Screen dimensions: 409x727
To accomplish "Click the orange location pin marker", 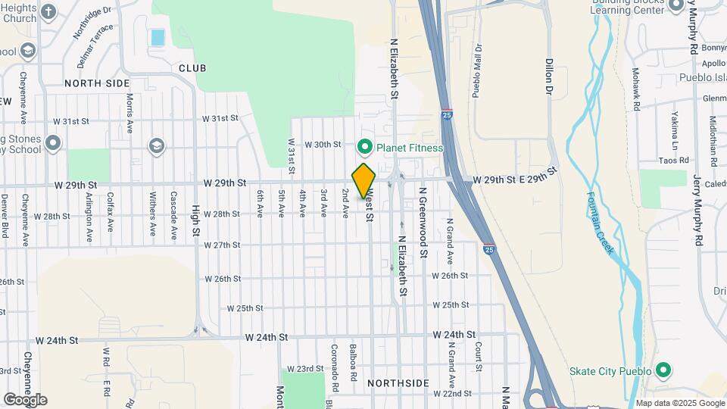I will [363, 181].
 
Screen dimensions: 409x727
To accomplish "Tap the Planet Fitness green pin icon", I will [364, 147].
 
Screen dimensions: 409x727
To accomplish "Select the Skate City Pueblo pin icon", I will [663, 370].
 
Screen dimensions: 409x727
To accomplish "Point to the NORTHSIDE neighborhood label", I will [398, 383].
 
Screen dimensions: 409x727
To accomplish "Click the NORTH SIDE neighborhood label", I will [97, 83].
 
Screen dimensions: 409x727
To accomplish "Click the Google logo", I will [25, 400].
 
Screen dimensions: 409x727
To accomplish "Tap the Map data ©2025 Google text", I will [679, 403].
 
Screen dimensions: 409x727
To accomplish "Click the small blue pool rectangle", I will [158, 36].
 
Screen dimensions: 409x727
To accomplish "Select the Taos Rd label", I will [673, 161].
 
